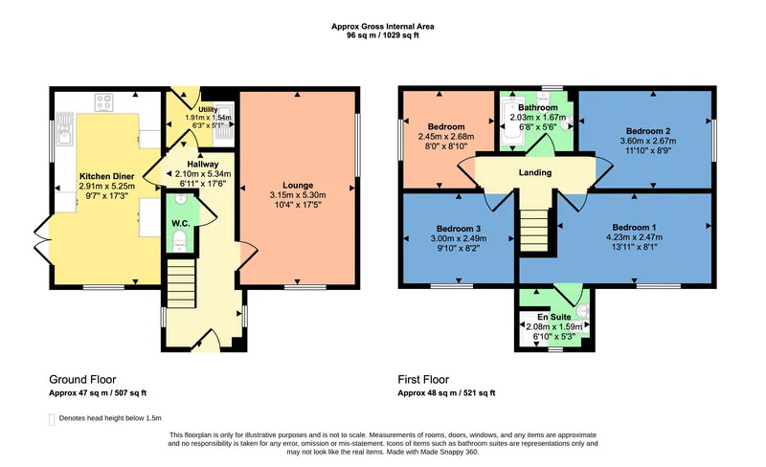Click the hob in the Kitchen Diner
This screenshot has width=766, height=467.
click(104, 102)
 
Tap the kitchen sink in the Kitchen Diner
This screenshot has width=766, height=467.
click(64, 128)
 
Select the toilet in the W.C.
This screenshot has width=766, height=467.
click(180, 240)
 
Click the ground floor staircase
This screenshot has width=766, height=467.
click(181, 283)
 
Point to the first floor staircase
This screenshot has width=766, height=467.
click(534, 230)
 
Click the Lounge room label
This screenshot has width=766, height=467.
click(298, 185)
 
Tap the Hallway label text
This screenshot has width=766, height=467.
click(203, 165)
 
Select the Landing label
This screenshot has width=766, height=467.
click(535, 172)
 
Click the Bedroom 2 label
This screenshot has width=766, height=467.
click(648, 131)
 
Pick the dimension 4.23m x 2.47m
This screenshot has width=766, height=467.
click(634, 237)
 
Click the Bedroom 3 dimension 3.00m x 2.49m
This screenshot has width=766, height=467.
click(459, 239)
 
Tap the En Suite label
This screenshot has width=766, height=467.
click(554, 317)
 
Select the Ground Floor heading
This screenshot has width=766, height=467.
click(82, 380)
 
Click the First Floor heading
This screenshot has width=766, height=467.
click(423, 380)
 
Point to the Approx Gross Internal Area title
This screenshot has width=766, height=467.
click(382, 27)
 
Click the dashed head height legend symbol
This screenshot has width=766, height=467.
click(52, 419)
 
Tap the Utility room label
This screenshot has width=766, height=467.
click(208, 109)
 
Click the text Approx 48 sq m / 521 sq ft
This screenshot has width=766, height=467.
click(446, 392)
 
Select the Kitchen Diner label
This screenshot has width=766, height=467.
click(106, 176)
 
